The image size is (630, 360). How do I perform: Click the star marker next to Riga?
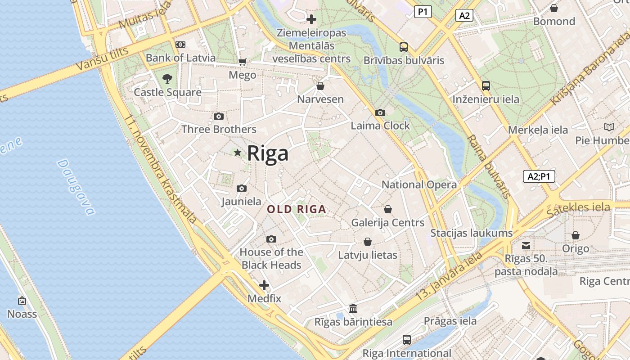click(x=238, y=153)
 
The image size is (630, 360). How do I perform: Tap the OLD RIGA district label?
click(x=297, y=209)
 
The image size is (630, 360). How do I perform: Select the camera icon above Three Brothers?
click(x=219, y=117)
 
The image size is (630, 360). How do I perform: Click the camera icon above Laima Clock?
click(x=380, y=112)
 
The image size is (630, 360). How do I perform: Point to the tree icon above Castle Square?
click(x=167, y=79)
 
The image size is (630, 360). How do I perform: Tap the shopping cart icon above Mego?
click(x=243, y=62)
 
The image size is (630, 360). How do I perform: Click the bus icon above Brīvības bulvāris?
click(x=404, y=47)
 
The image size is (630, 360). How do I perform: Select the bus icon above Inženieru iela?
click(x=486, y=85)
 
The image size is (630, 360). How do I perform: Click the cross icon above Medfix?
click(x=264, y=285)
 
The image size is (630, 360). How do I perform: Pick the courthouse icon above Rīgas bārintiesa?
click(x=353, y=309)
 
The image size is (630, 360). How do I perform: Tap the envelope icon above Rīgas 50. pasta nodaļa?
click(x=526, y=246)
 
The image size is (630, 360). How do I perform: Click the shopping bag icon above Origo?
click(x=576, y=235)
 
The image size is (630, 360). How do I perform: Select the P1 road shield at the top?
click(x=423, y=12)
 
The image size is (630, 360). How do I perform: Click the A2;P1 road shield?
click(x=539, y=176)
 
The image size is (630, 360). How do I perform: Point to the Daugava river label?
click(x=76, y=187)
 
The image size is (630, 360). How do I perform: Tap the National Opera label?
click(x=419, y=184)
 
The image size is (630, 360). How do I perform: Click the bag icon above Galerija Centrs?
click(x=388, y=209)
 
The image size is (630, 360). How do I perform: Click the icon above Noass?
click(x=22, y=301)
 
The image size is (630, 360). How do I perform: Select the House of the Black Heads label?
click(x=271, y=258)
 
